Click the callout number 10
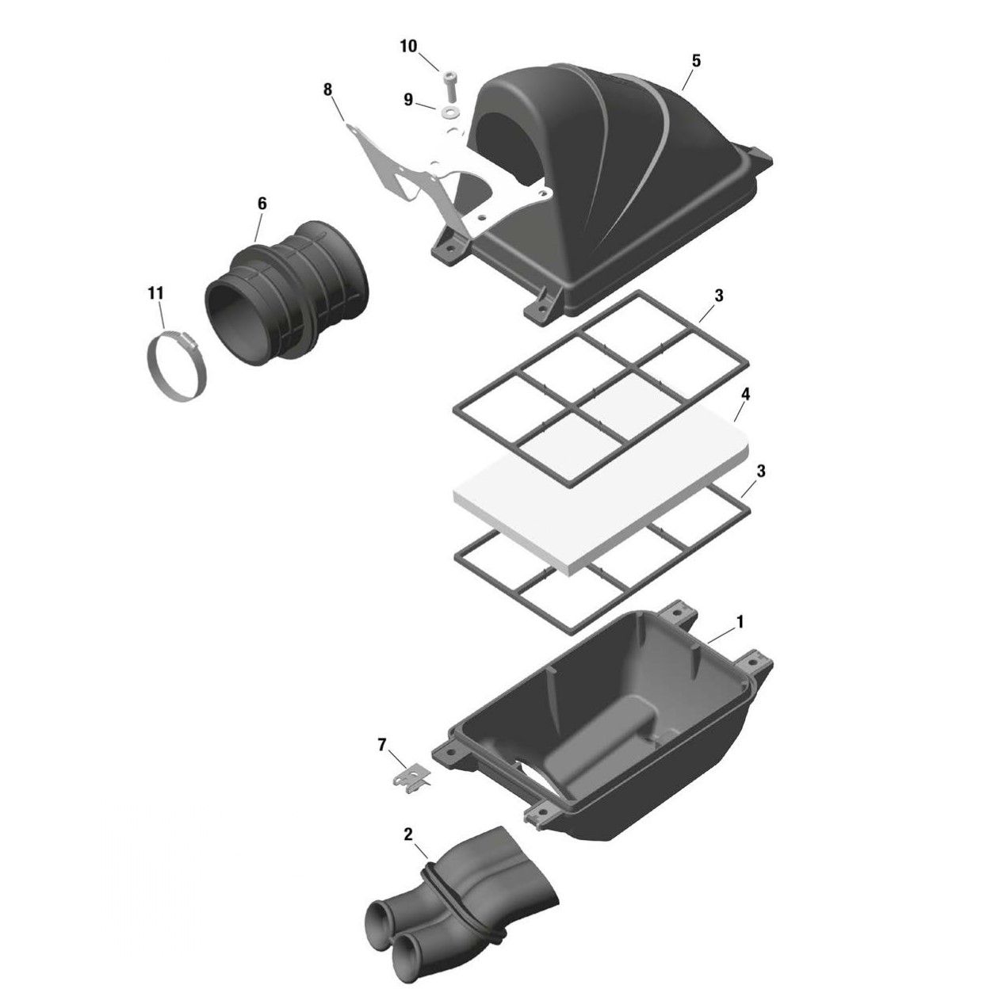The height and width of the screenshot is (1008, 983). (x=408, y=47)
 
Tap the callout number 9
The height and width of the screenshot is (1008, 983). (x=408, y=100)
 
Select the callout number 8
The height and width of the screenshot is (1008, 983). (x=328, y=90)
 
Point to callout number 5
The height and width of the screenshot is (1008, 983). (x=696, y=61)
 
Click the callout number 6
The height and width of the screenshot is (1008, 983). (x=262, y=204)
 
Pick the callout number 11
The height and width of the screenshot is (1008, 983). (x=155, y=293)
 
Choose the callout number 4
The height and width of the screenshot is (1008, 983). (x=745, y=394)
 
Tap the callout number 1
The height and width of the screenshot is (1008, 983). (x=740, y=622)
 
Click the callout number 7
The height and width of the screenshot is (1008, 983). (x=382, y=744)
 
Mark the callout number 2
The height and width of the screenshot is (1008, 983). (x=408, y=834)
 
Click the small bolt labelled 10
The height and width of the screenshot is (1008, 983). (x=450, y=81)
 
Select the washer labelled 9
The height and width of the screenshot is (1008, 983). (x=451, y=109)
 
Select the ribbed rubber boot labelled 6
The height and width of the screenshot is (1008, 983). (x=289, y=293)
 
